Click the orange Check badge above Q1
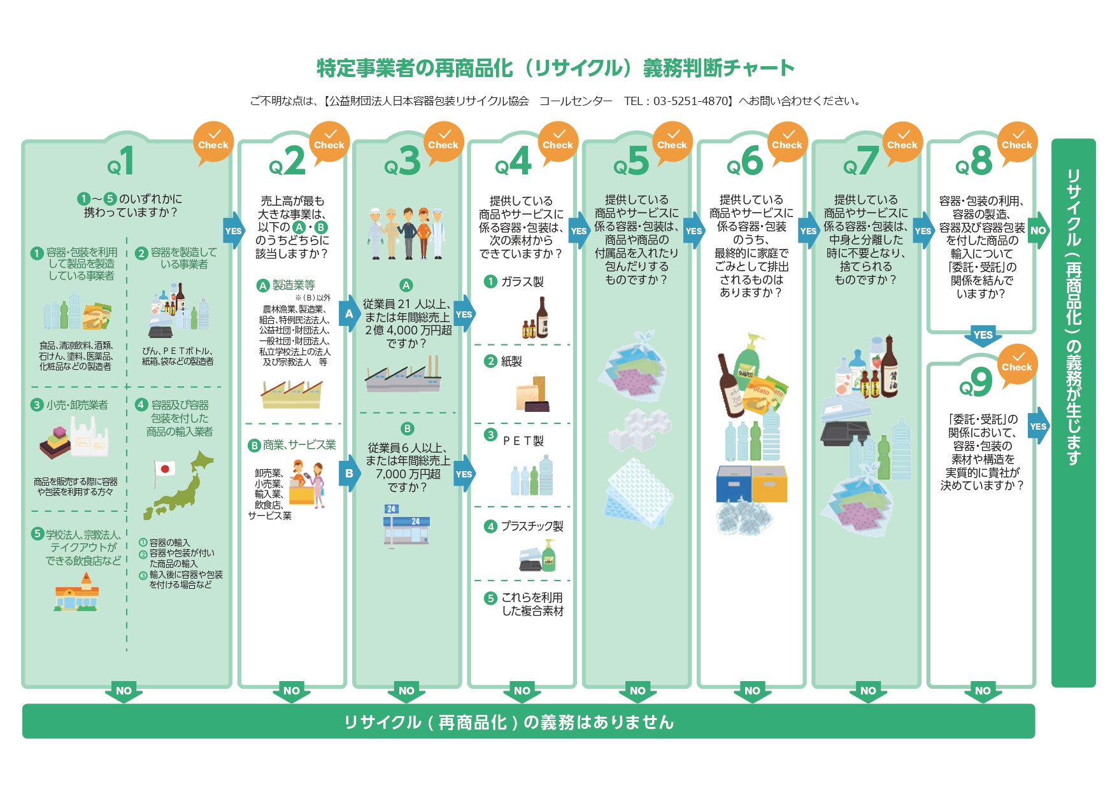click(x=213, y=142)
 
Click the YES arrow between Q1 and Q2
click(x=233, y=231)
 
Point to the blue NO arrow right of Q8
click(x=1038, y=230)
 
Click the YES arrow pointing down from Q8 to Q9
click(x=983, y=335)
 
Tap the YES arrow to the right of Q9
click(x=1038, y=427)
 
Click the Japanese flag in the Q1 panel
click(x=165, y=470)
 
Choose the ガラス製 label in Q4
click(x=522, y=281)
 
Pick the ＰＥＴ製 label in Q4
click(x=523, y=441)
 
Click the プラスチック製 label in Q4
click(x=532, y=526)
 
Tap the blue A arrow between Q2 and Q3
click(x=349, y=314)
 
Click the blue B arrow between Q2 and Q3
click(x=349, y=474)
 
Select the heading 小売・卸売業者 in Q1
click(x=76, y=405)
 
